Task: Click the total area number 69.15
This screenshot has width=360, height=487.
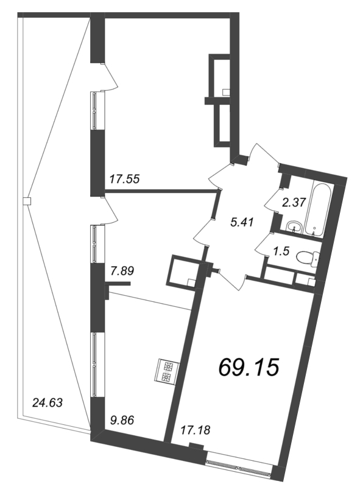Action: (248, 367)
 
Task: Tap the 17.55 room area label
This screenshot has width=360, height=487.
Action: (125, 179)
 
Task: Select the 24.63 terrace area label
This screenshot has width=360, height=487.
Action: (48, 403)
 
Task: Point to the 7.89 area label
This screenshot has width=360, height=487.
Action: (122, 271)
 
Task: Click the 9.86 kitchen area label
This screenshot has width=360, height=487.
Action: (122, 421)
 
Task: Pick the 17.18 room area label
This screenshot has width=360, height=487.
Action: (196, 430)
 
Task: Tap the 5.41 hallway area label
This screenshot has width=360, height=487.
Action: (243, 222)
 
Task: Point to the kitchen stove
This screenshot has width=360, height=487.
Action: (168, 370)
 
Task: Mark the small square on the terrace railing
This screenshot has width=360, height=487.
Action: (27, 201)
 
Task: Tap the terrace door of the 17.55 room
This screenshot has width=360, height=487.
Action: (110, 77)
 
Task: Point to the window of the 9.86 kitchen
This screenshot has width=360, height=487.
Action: (94, 364)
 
